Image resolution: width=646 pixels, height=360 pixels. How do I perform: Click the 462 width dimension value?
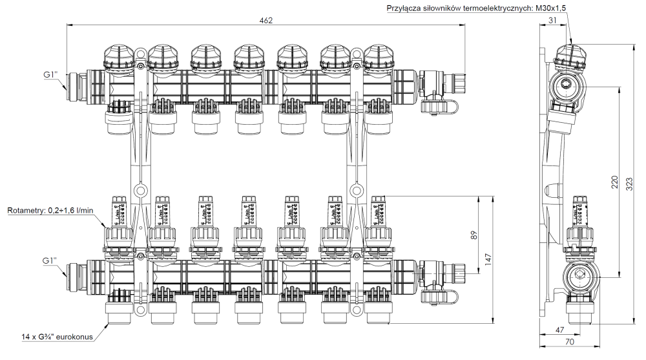click(266, 21)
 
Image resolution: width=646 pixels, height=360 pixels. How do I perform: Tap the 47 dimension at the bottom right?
click(559, 330)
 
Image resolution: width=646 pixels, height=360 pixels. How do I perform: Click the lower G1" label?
click(50, 261)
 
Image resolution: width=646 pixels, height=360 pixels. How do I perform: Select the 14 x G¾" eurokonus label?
click(56, 337)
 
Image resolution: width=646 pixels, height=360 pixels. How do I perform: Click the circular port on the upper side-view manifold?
click(567, 84)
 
